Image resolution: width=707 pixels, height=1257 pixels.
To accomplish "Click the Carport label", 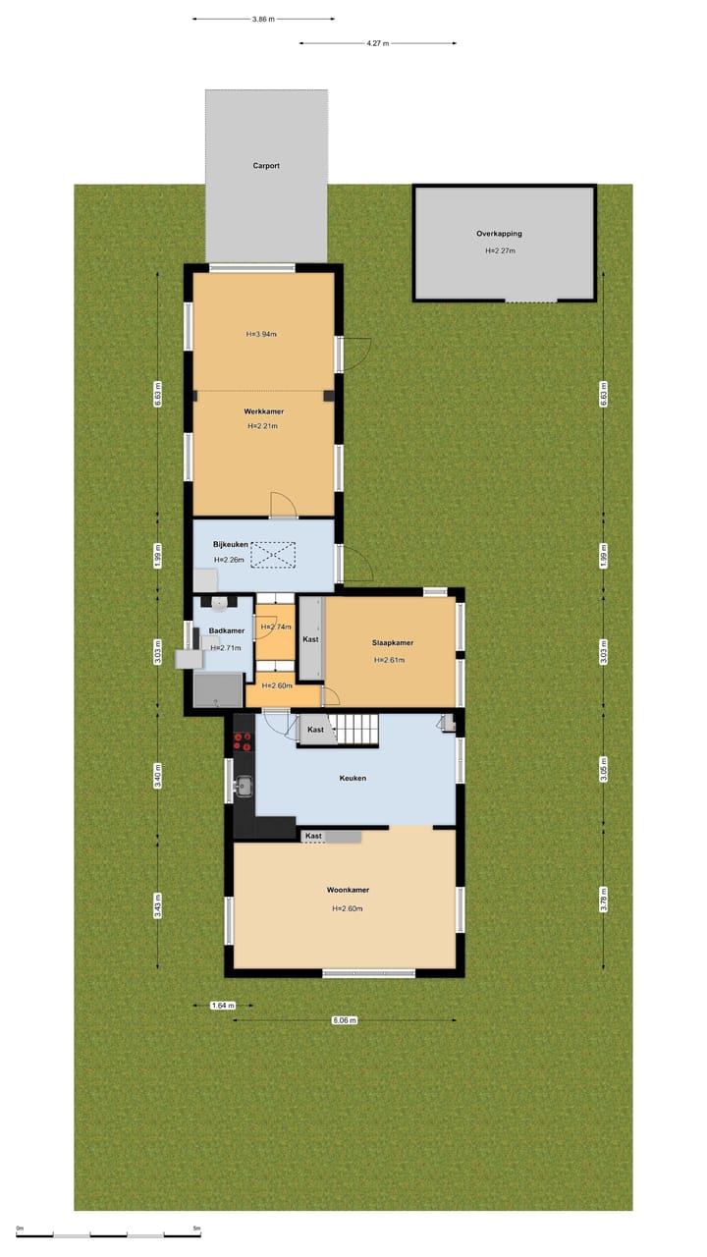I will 266,166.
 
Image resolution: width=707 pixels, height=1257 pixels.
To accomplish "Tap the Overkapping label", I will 499,234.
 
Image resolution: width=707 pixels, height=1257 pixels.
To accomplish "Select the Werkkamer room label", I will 263,410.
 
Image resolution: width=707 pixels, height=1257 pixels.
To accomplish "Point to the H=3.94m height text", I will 261,334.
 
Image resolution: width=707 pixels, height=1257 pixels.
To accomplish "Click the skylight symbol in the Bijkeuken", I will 275,556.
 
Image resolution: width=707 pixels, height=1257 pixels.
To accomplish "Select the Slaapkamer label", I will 392,643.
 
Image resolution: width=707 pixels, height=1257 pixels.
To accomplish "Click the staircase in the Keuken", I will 359,730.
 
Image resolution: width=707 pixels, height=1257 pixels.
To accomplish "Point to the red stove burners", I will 243,740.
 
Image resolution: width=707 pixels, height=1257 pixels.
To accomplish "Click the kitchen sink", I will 244,785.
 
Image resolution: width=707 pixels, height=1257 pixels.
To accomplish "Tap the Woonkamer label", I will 348,890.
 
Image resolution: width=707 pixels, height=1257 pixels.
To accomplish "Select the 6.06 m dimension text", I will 344,1020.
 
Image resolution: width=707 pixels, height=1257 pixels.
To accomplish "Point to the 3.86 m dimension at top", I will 262,19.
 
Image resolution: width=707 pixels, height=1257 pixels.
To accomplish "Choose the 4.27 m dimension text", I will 377,43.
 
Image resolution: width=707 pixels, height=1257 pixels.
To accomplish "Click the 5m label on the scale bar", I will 196,1229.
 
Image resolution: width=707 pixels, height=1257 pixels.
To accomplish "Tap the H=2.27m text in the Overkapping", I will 500,250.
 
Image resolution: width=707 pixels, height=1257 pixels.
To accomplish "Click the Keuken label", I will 353,778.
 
